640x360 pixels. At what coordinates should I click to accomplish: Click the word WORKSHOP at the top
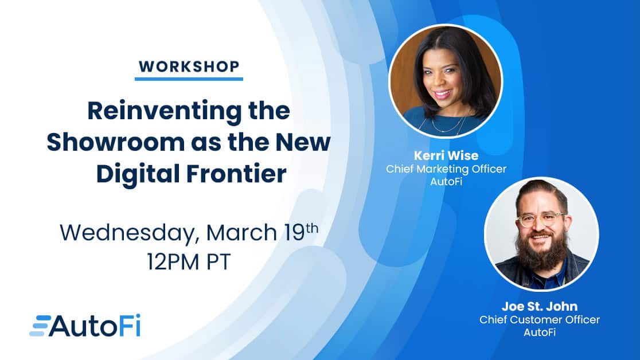(x=189, y=66)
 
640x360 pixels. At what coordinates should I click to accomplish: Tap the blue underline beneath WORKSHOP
(x=189, y=79)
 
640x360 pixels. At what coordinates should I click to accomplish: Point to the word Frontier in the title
(x=237, y=174)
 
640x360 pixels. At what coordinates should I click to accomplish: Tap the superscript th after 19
(x=312, y=228)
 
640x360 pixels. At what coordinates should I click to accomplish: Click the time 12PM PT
(x=189, y=261)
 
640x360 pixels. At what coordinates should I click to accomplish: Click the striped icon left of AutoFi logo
(x=40, y=326)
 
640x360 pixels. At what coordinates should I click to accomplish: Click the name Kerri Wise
(x=446, y=155)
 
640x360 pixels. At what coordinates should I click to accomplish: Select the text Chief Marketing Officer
(x=446, y=169)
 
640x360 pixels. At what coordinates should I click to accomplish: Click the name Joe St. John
(x=540, y=306)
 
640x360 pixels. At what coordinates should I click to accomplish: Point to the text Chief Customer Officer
(x=540, y=320)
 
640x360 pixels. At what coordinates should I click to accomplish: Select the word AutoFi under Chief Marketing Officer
(x=446, y=181)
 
